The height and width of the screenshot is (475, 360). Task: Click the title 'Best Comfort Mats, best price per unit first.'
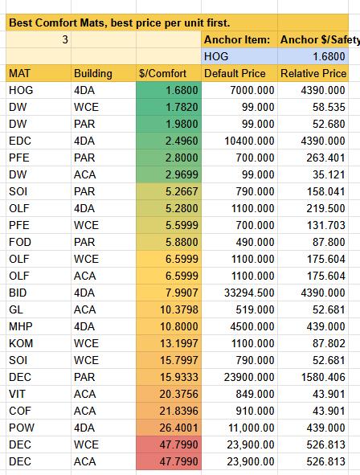point(119,23)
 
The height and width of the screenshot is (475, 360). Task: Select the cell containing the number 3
point(39,39)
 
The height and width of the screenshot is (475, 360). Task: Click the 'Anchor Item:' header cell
point(239,39)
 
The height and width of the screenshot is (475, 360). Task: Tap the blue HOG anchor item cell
point(239,56)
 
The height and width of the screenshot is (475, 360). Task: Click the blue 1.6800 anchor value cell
point(313,56)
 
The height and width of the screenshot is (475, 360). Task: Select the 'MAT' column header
point(39,73)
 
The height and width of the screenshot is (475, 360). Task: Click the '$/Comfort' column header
point(169,73)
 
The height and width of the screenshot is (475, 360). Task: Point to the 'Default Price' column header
point(239,73)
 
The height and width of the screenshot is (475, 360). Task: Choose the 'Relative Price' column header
point(313,73)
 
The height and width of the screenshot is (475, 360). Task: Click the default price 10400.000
point(249,141)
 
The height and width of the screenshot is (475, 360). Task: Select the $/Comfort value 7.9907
point(182,293)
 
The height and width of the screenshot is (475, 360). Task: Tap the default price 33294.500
point(249,293)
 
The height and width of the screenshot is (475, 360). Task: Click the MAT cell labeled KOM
point(21,343)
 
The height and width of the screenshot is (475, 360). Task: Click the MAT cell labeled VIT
point(17,394)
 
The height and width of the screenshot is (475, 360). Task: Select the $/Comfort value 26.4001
point(179,428)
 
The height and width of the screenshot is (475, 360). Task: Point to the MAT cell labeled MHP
point(21,326)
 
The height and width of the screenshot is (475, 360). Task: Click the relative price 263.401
point(325,158)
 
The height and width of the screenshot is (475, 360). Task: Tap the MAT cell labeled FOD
point(20,242)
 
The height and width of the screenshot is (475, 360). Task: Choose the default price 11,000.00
point(251,428)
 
